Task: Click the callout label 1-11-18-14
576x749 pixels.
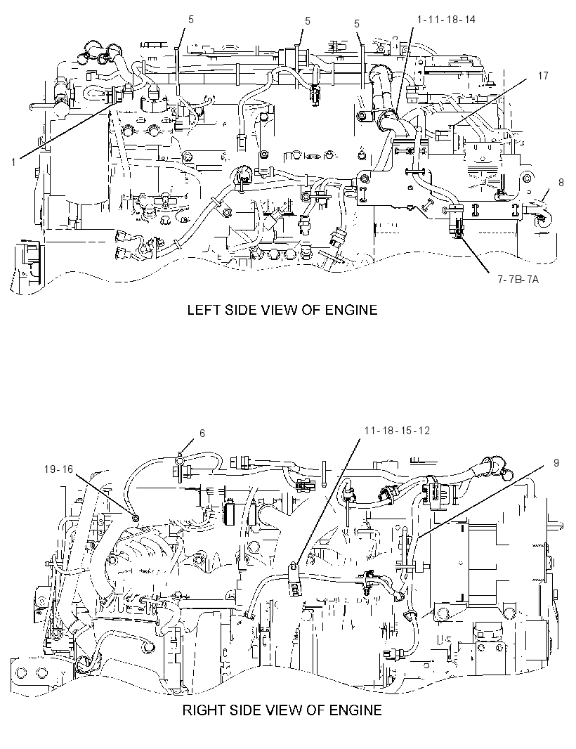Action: (x=446, y=20)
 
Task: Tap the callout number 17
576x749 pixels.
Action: (x=542, y=75)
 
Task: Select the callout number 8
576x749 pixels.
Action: (x=561, y=182)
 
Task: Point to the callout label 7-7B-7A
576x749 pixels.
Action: (x=518, y=279)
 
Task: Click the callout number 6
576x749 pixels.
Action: (x=202, y=434)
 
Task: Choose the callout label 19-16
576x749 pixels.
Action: (x=59, y=469)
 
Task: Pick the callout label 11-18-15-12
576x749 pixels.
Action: (x=397, y=431)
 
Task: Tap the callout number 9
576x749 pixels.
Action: (x=556, y=462)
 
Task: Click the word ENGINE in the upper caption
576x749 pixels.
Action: (x=351, y=310)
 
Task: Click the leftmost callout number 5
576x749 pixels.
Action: (x=191, y=20)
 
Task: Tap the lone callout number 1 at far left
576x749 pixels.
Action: (x=13, y=162)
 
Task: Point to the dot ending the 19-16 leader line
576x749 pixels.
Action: (x=135, y=517)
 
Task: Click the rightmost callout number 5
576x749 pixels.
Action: (x=357, y=24)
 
